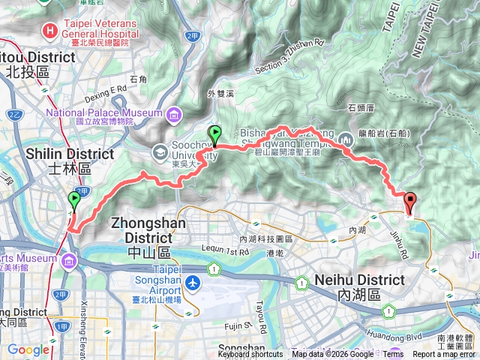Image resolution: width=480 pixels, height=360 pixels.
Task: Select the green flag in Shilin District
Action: (73, 200)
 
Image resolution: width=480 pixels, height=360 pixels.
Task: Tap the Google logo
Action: (28, 349)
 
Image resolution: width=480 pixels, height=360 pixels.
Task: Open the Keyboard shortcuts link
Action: (250, 354)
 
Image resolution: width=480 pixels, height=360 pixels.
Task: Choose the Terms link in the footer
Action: (394, 354)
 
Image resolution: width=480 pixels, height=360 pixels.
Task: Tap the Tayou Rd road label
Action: (261, 307)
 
